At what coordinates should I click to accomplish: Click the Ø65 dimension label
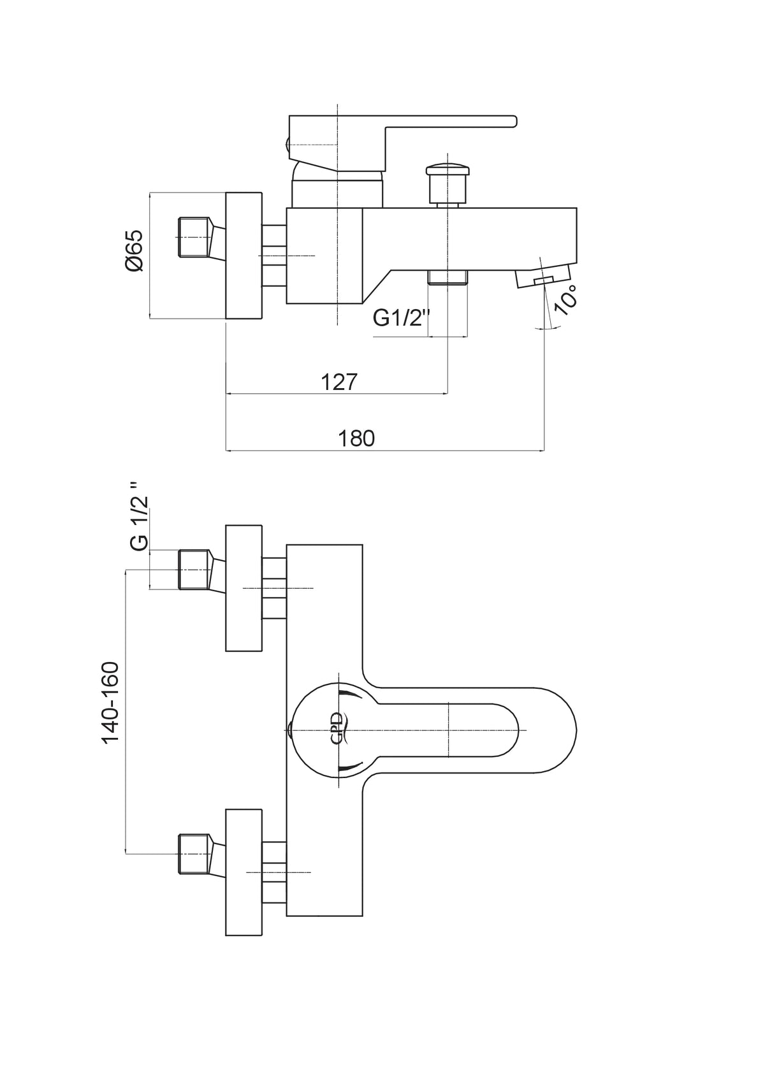click(x=134, y=250)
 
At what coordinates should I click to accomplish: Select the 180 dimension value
click(x=356, y=438)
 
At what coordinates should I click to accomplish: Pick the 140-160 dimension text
click(x=110, y=703)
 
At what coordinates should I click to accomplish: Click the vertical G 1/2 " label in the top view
click(x=140, y=516)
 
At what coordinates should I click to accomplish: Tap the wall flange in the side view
click(x=244, y=256)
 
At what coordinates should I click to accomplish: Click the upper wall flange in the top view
click(x=244, y=588)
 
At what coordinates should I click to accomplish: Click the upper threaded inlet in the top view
click(x=194, y=570)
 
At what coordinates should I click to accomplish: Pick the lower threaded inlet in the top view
click(x=194, y=854)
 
